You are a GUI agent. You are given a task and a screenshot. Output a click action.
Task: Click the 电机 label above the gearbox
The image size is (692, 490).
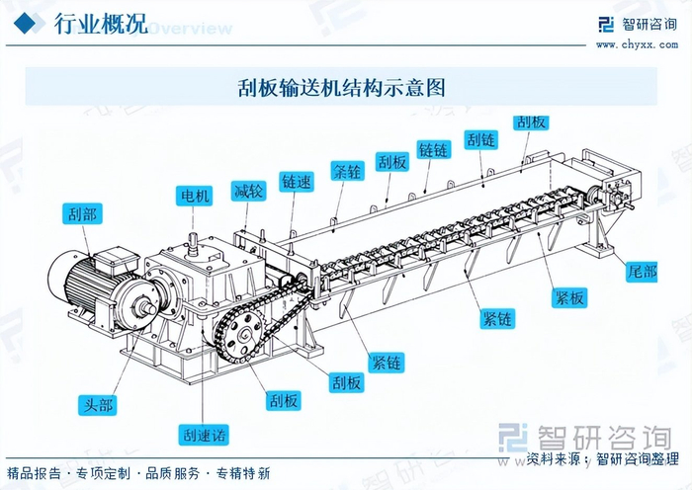click(194, 196)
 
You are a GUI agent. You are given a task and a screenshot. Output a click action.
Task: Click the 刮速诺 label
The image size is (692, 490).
click(203, 435)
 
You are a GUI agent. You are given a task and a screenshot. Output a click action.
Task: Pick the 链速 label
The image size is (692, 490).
click(296, 182)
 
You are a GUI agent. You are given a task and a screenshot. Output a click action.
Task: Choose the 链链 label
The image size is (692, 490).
click(434, 150)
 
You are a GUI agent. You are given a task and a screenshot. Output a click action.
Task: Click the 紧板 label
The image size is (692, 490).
click(569, 297)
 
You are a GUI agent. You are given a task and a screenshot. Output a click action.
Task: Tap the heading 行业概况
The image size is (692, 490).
click(100, 24)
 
